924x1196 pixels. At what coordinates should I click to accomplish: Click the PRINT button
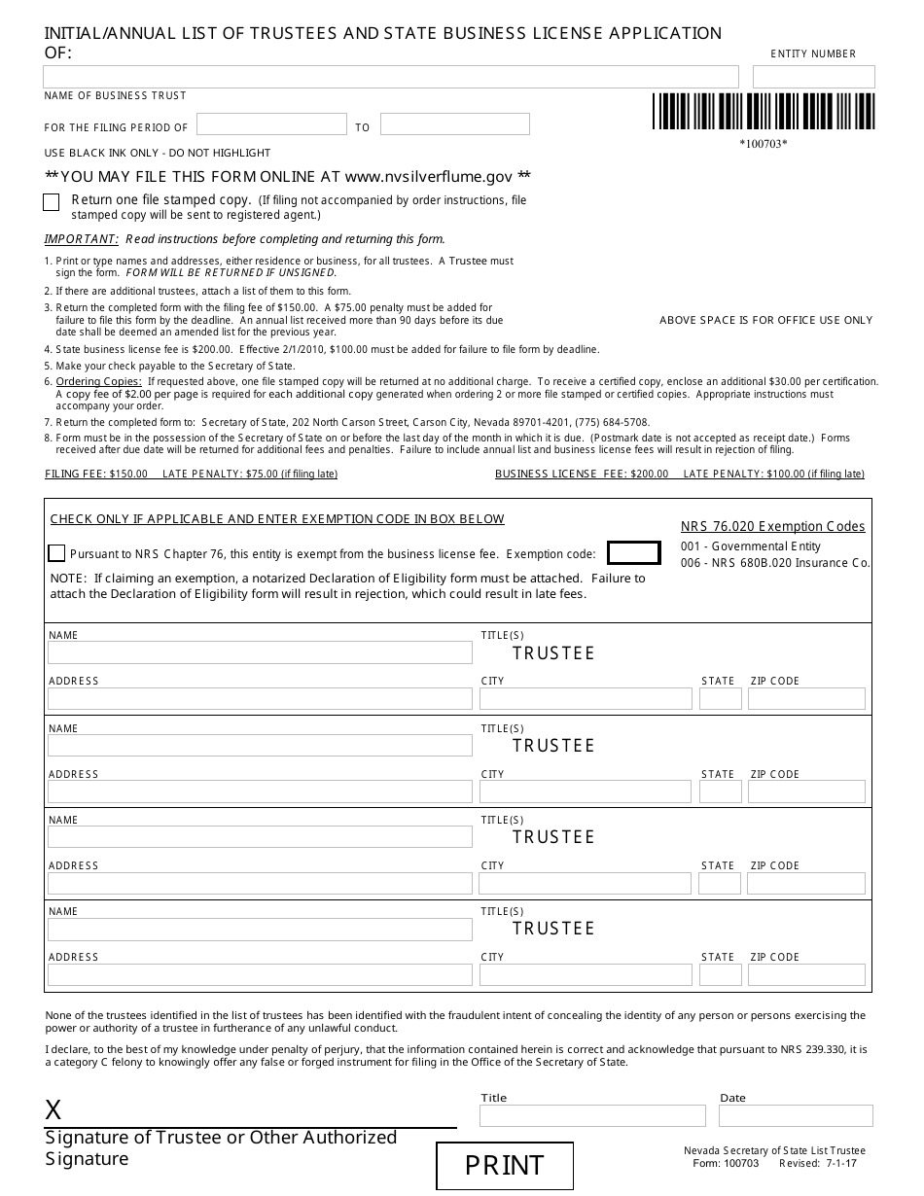504,1165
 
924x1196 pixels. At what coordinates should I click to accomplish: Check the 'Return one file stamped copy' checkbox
52,202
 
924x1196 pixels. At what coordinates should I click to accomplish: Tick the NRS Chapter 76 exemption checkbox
56,553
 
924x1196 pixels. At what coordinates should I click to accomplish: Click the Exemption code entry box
633,553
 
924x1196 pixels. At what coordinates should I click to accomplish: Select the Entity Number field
813,77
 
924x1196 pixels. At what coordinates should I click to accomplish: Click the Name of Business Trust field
391,77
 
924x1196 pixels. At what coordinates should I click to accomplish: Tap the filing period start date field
271,124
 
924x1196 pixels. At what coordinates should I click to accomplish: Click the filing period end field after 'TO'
454,124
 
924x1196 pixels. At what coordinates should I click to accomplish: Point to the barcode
763,112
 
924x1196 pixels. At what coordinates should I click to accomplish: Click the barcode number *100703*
763,145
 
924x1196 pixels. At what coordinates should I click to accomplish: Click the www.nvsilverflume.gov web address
428,177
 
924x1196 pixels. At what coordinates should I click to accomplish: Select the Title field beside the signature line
592,1115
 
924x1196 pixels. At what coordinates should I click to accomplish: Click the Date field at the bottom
796,1115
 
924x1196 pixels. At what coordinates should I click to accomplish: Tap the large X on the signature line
53,1110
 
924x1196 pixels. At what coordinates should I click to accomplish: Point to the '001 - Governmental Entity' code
750,546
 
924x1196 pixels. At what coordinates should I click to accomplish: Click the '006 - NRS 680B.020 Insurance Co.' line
775,563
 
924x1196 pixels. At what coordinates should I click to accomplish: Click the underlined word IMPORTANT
82,239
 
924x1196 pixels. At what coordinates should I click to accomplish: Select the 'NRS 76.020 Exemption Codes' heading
772,527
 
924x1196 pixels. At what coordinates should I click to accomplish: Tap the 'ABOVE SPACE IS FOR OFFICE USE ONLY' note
765,320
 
